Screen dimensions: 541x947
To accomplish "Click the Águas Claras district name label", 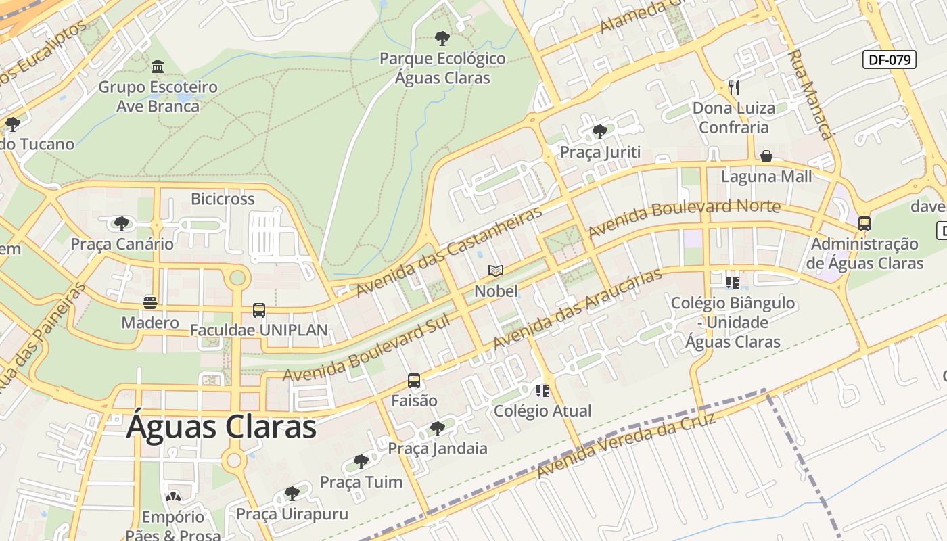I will [222, 427].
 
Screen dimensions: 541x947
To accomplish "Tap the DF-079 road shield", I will [890, 60].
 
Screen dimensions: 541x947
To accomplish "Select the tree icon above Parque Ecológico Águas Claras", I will [442, 39].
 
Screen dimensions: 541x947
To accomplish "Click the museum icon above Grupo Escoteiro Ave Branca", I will [158, 66].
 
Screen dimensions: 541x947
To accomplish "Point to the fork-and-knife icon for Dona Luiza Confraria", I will [734, 87].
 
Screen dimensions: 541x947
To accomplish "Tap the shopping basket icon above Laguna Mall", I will [766, 157].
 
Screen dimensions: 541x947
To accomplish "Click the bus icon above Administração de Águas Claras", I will [864, 224].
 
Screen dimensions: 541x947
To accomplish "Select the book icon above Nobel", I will [496, 271].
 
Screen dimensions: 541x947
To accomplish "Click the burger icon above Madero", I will [150, 302].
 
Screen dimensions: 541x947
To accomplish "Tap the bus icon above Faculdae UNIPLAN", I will [259, 310].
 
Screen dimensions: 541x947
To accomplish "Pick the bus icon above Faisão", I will [414, 381].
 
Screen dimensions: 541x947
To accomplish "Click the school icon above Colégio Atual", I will [542, 390].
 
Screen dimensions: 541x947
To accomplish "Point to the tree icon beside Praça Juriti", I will [599, 131].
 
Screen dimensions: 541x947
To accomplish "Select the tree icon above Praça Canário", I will [122, 223].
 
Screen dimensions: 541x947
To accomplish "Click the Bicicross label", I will [223, 199].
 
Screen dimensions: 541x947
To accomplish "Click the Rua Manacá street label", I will [810, 95].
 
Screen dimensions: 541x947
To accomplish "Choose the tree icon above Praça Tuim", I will [361, 462].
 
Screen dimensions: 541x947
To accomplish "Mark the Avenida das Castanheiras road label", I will [449, 251].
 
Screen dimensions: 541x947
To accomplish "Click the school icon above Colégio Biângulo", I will [732, 282].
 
